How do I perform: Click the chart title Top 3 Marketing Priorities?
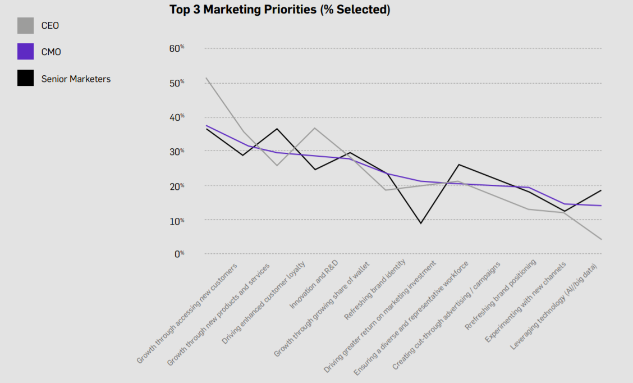(x=279, y=10)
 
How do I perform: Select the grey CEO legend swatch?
(x=25, y=26)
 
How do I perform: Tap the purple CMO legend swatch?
(x=25, y=52)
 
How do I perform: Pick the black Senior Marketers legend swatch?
(x=25, y=79)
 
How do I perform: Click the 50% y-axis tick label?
(x=177, y=83)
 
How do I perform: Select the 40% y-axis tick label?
(x=177, y=117)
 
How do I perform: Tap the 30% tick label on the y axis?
(x=177, y=152)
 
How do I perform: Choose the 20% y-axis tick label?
(x=177, y=186)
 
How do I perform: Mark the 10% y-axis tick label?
(x=177, y=221)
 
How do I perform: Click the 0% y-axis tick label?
(x=179, y=254)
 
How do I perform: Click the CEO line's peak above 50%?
(x=206, y=78)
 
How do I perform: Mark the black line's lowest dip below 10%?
(x=420, y=224)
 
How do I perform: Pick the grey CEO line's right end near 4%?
(x=601, y=240)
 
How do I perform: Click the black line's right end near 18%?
(x=601, y=190)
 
